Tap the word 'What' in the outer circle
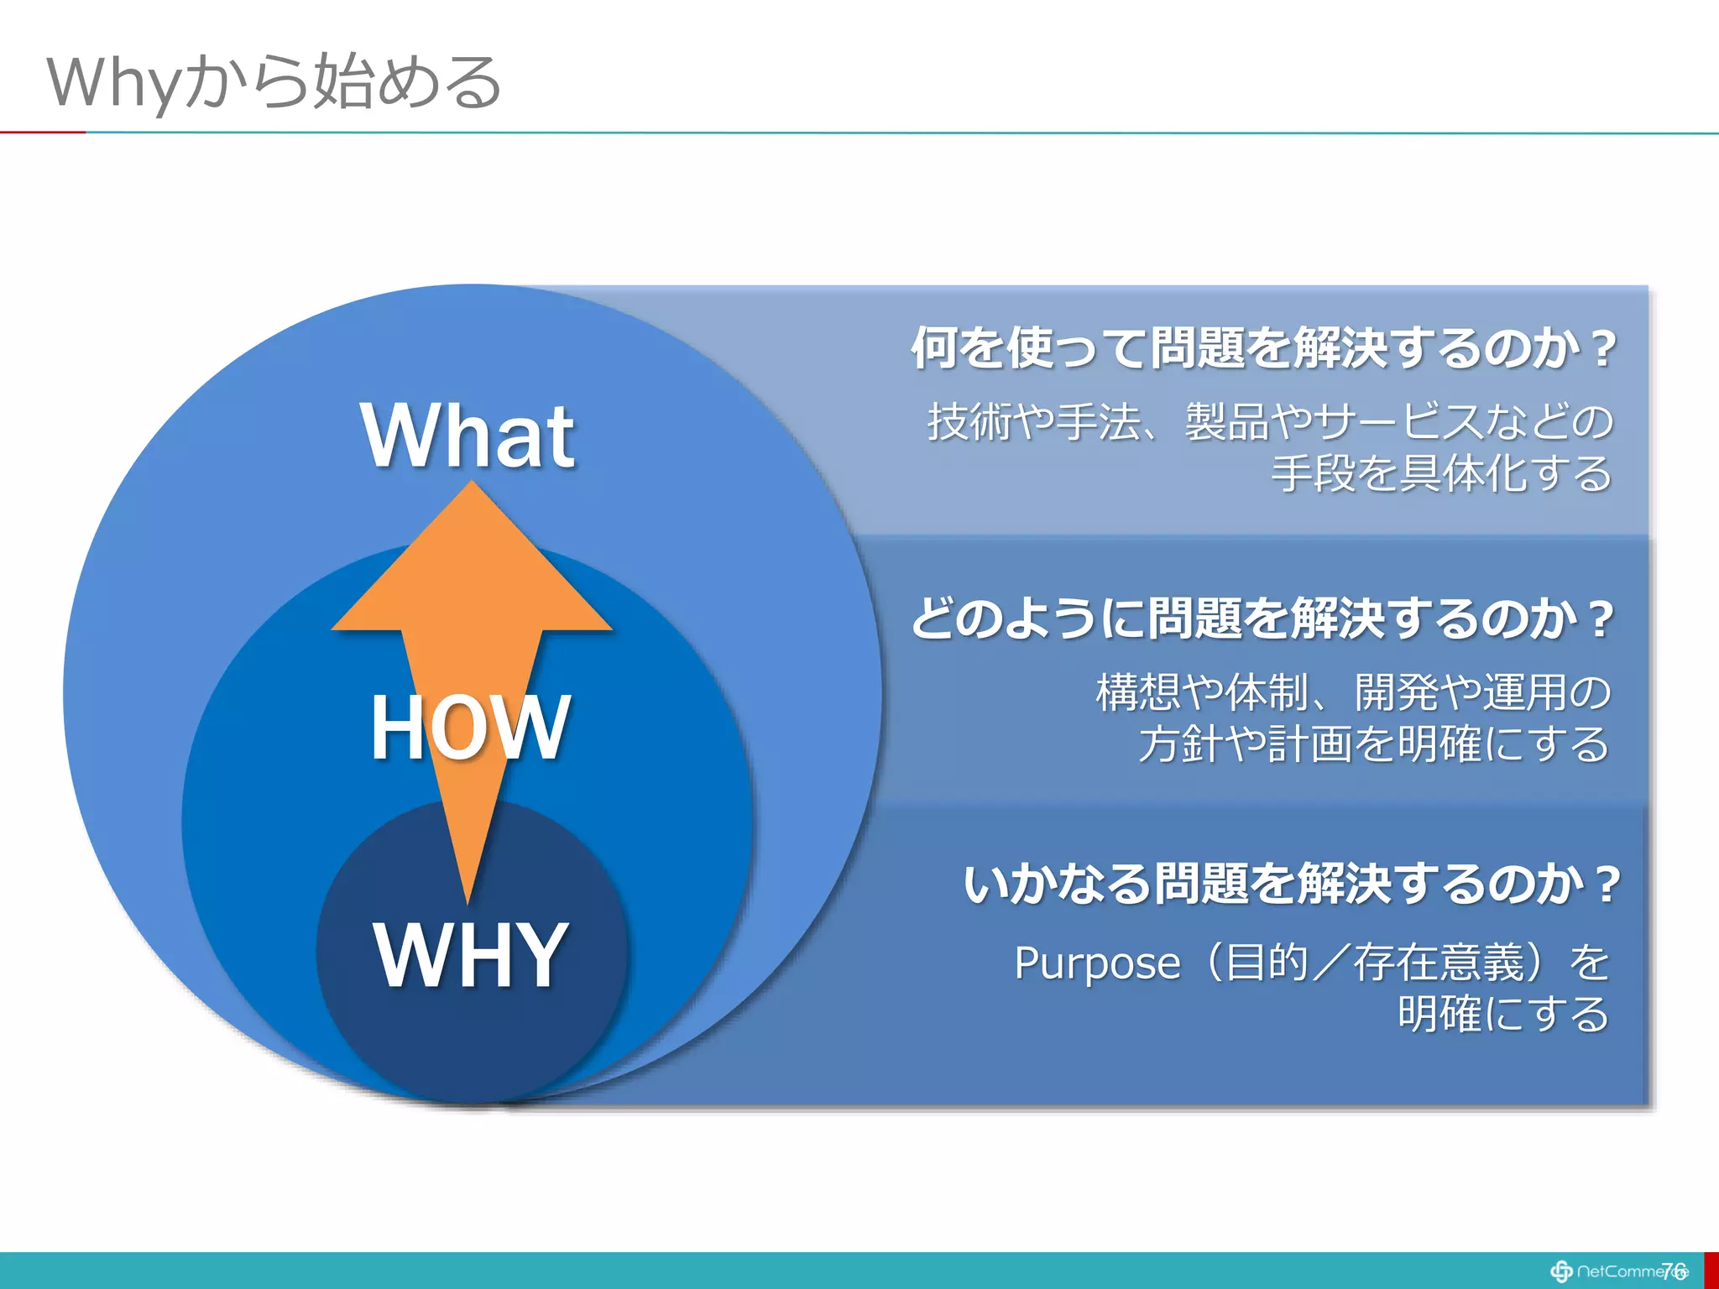(468, 436)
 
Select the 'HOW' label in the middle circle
(470, 728)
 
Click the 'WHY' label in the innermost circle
(471, 954)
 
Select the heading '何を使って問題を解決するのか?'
(1263, 348)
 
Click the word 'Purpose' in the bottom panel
(1097, 963)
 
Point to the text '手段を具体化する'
(1440, 473)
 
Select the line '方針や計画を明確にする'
(1373, 744)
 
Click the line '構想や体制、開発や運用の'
(1353, 692)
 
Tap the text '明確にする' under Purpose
(1502, 1014)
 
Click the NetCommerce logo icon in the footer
(1561, 1271)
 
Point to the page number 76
(1673, 1271)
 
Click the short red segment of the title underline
(42, 133)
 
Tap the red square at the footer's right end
(1711, 1271)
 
